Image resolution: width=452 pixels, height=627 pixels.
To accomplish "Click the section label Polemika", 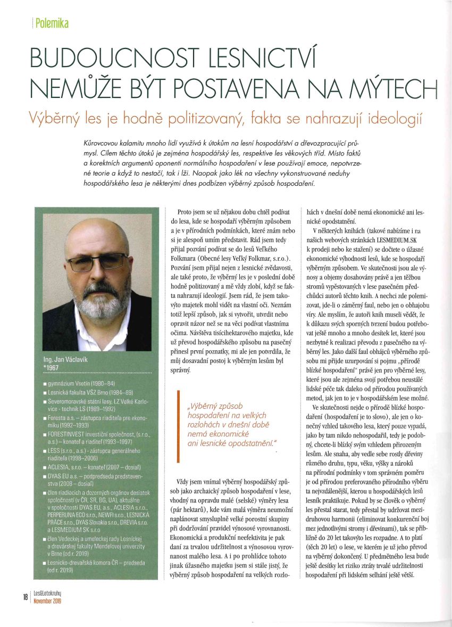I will point(52,24).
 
